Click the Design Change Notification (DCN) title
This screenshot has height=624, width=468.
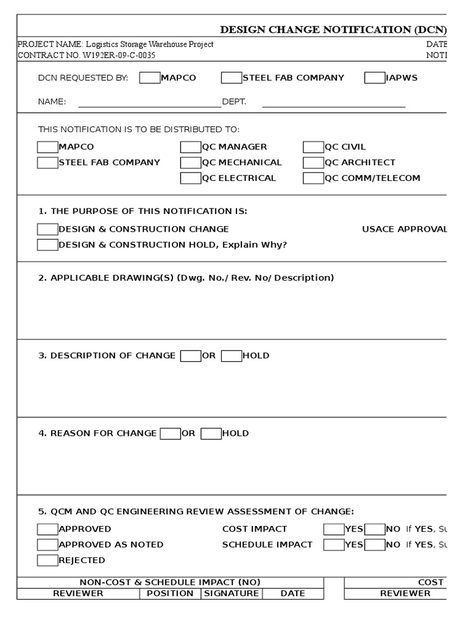coord(333,29)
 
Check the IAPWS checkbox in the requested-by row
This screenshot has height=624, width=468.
coord(374,78)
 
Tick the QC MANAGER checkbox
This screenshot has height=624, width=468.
coord(190,147)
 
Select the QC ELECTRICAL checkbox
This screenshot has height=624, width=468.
coord(190,179)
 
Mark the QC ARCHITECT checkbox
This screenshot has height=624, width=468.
coord(313,163)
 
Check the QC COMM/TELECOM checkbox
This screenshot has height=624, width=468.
coord(313,179)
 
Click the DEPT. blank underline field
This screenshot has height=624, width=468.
coord(333,102)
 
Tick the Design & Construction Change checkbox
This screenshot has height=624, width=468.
coord(47,229)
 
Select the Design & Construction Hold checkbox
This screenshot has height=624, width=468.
coord(47,245)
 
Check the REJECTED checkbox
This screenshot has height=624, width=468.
coord(47,560)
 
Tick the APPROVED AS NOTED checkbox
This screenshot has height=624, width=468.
coord(47,544)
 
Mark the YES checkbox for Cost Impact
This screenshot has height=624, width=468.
coord(333,529)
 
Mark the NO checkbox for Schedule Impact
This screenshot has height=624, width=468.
coord(374,544)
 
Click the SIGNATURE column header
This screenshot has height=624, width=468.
coord(231,594)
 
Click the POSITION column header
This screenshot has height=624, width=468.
coord(170,594)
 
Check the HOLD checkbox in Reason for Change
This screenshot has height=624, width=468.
coord(211,434)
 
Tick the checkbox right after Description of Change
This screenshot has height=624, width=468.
coord(190,356)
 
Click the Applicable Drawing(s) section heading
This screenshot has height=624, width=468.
coord(186,278)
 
